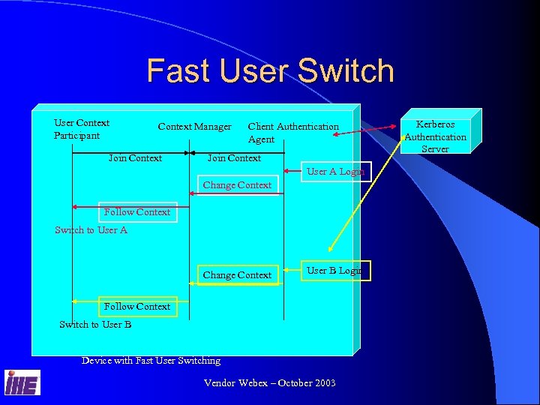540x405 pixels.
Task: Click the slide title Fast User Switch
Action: [270, 70]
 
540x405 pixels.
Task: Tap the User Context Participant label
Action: [82, 129]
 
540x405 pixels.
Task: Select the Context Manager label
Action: [194, 127]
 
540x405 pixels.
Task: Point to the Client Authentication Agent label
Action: [292, 133]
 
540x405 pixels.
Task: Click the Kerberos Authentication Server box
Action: [436, 136]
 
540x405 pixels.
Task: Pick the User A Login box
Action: [335, 172]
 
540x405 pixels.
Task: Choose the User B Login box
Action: [334, 270]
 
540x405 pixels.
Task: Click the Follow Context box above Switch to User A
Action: [137, 212]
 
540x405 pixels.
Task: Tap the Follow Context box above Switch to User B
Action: [137, 307]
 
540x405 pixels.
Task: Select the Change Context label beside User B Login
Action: [237, 275]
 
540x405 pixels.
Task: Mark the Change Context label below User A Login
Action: [237, 185]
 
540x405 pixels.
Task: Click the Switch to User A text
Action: [91, 230]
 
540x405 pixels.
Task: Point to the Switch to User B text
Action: [95, 325]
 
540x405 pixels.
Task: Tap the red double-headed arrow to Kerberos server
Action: [372, 129]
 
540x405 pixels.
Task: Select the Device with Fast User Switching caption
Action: [151, 361]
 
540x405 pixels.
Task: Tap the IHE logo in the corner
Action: [22, 382]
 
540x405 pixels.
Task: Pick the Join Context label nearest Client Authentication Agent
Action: [234, 158]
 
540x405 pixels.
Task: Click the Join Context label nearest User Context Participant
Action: [135, 158]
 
